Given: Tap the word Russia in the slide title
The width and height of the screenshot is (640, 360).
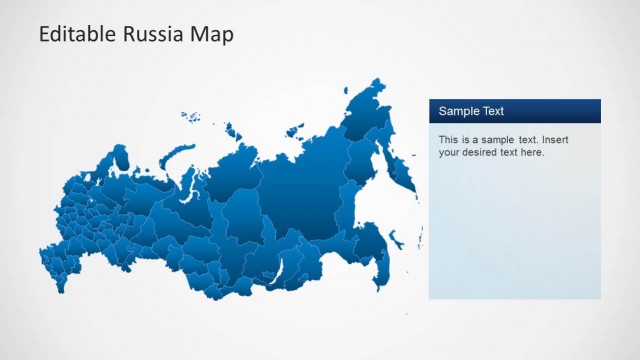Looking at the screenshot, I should coord(149,35).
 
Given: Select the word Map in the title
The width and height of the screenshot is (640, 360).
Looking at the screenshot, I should coord(209,35).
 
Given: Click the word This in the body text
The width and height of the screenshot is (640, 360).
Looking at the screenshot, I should coord(448,139).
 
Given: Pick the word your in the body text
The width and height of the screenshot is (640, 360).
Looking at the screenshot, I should coord(449,153).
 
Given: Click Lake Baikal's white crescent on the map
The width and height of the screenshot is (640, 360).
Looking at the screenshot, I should coord(282,266).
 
